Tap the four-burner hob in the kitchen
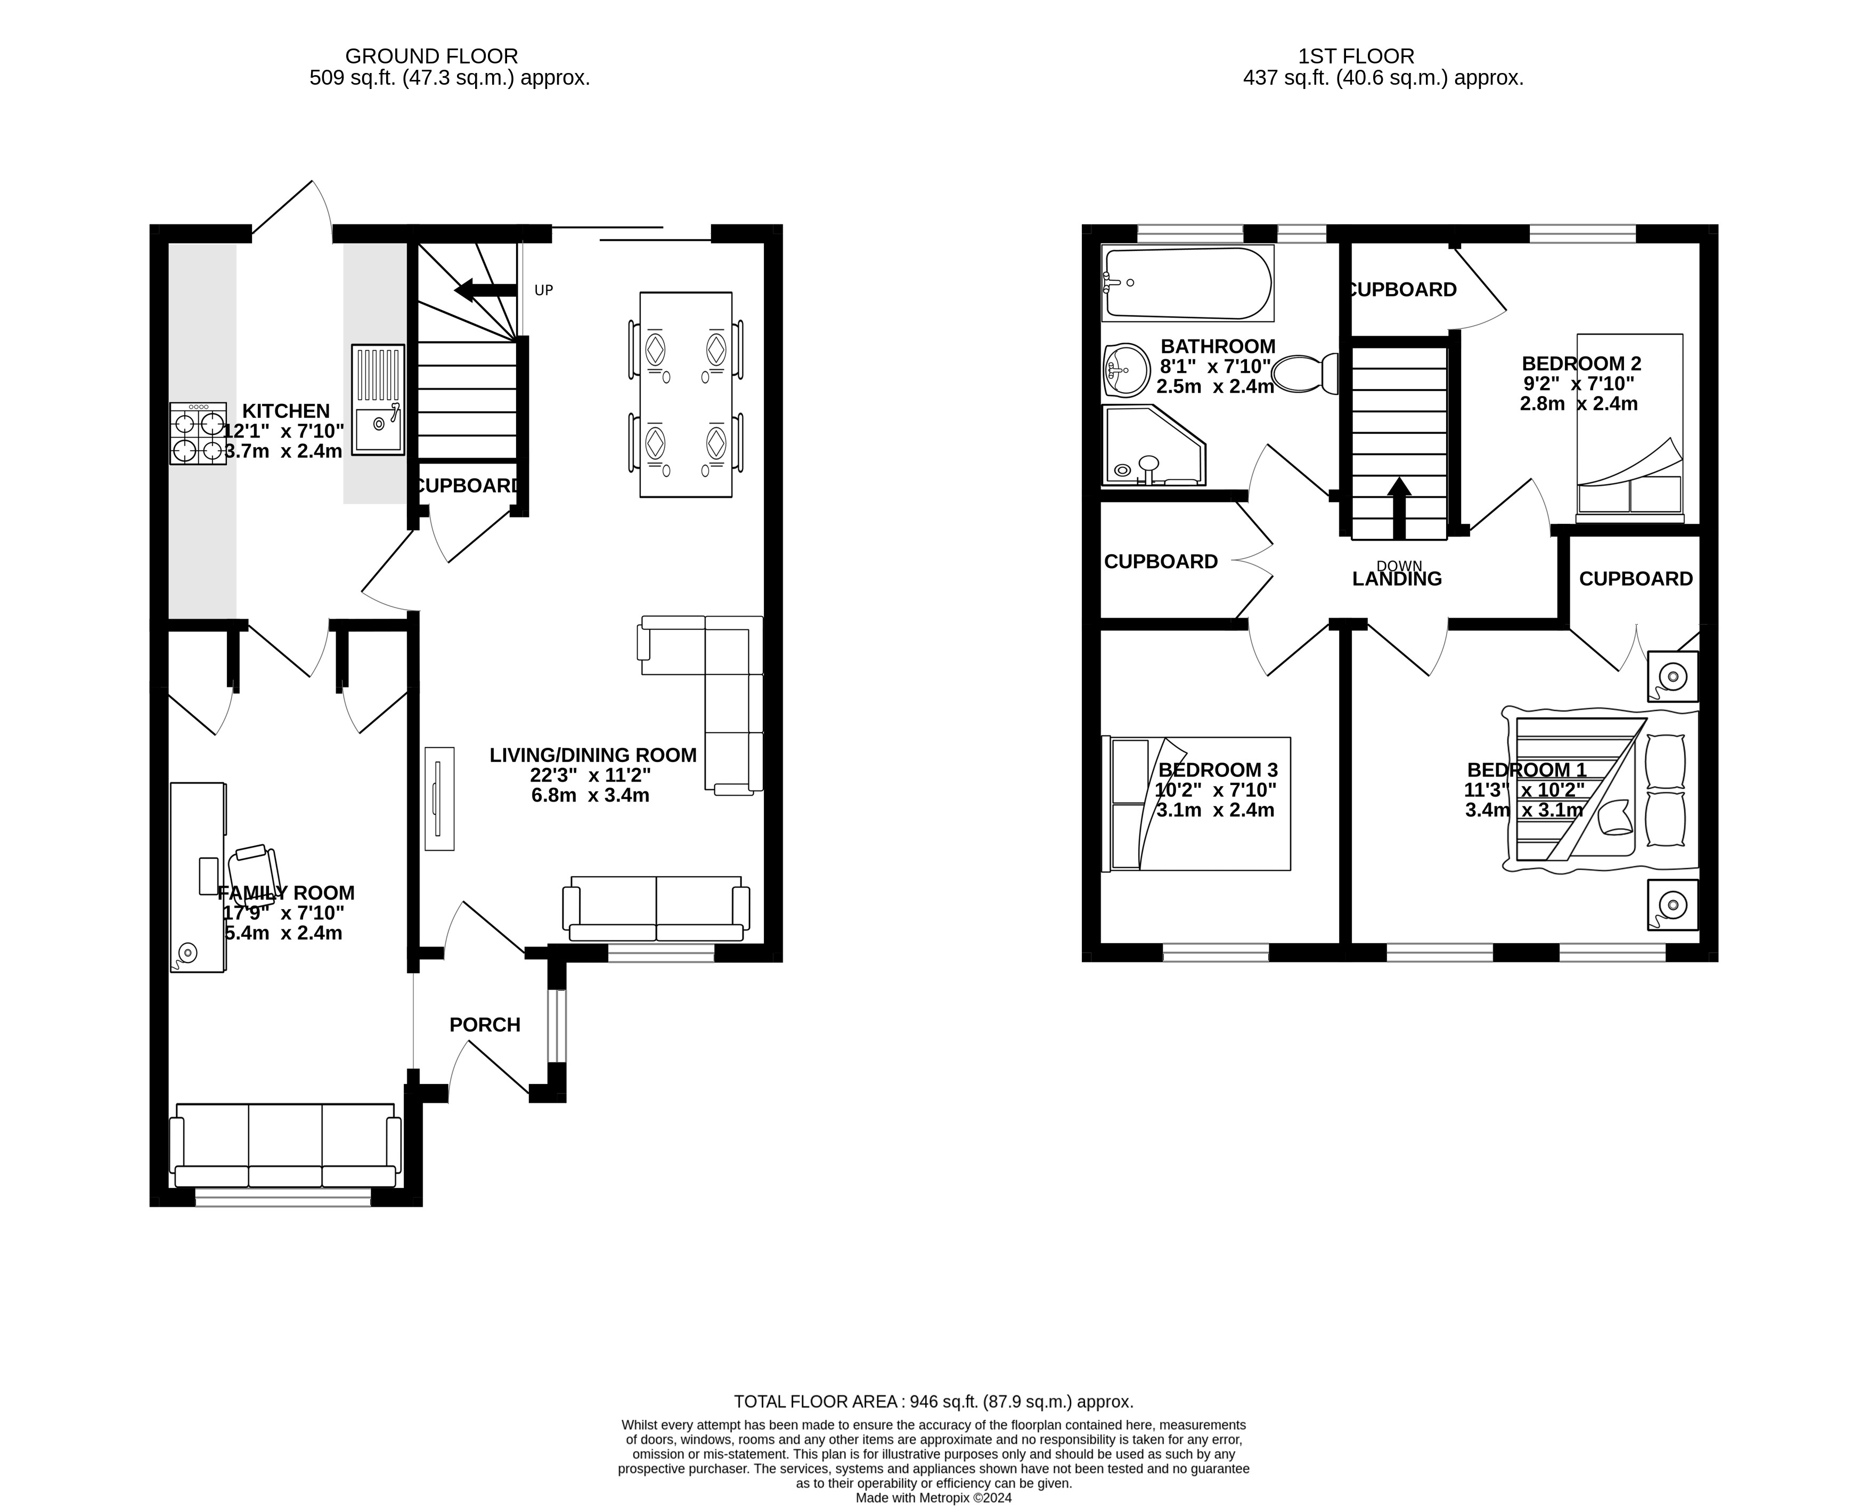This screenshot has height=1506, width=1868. pyautogui.click(x=198, y=433)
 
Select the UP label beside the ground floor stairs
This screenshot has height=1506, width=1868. pyautogui.click(x=544, y=290)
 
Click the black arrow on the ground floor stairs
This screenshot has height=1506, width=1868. pyautogui.click(x=486, y=290)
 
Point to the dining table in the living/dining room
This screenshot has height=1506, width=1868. pyautogui.click(x=685, y=395)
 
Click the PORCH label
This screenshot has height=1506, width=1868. pyautogui.click(x=485, y=1025)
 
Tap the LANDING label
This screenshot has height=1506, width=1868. pyautogui.click(x=1397, y=579)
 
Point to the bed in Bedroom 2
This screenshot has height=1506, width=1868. pyautogui.click(x=1629, y=428)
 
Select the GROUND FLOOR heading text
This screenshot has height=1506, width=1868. pyautogui.click(x=432, y=56)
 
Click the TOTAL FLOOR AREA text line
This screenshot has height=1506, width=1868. pyautogui.click(x=934, y=1402)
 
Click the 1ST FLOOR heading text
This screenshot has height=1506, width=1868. pyautogui.click(x=1356, y=56)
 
